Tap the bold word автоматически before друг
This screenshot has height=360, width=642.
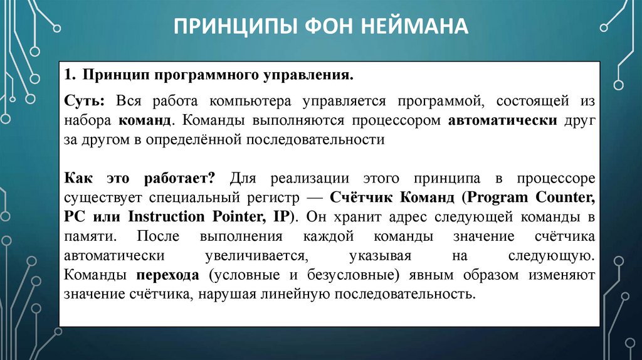pyautogui.click(x=502, y=120)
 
